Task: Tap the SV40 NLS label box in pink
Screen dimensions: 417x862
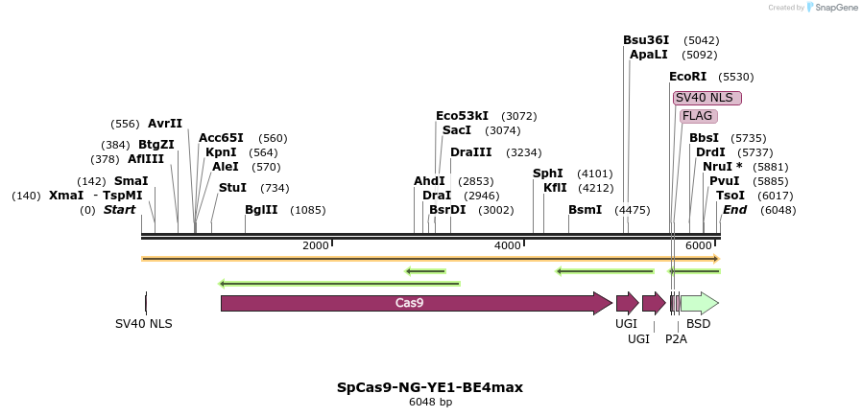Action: [706, 98]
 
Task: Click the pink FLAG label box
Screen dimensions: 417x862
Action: [698, 116]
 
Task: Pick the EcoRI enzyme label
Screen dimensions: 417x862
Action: [687, 77]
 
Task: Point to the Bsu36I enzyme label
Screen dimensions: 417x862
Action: [646, 40]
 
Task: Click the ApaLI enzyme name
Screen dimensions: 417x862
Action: [649, 55]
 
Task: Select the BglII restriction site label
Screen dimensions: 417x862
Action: [261, 210]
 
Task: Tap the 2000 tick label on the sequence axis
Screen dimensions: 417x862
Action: [315, 246]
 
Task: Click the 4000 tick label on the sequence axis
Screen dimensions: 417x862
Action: [507, 246]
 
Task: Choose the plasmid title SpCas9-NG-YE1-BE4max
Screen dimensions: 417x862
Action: [430, 387]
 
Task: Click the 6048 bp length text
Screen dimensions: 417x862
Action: [430, 403]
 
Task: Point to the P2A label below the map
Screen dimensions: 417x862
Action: [676, 338]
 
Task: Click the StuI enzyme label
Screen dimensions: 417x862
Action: [232, 188]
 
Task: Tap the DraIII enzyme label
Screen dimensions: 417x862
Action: [470, 152]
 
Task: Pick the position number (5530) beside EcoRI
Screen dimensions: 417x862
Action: [736, 77]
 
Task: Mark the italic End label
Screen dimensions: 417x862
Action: [734, 210]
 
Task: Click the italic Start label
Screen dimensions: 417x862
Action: [120, 210]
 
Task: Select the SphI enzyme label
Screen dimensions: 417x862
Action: [547, 174]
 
